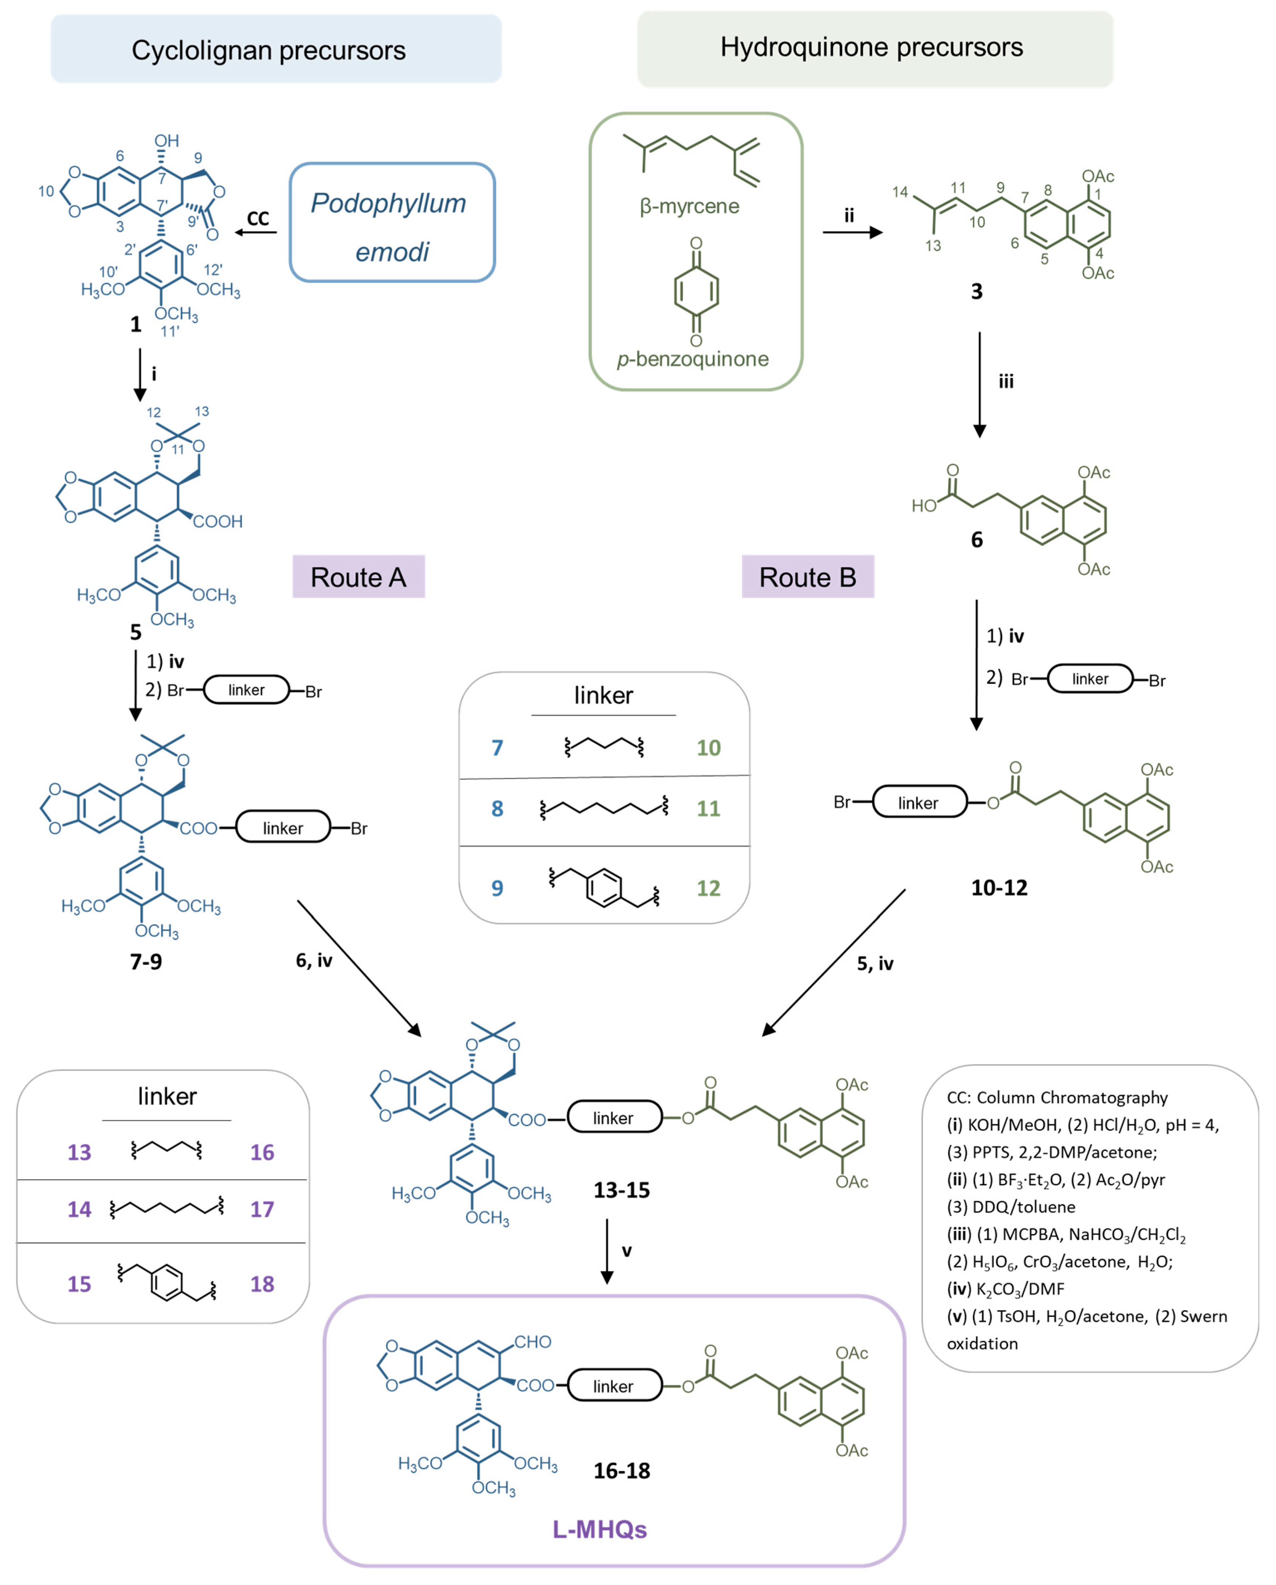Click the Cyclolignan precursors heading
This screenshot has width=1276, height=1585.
[x=268, y=50]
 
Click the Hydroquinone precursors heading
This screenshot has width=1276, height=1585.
[x=871, y=47]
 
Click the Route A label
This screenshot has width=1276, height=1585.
[x=358, y=577]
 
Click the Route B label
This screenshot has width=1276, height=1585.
[x=807, y=577]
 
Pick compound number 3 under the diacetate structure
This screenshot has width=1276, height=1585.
[x=976, y=291]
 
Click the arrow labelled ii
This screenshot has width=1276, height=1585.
[x=852, y=232]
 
